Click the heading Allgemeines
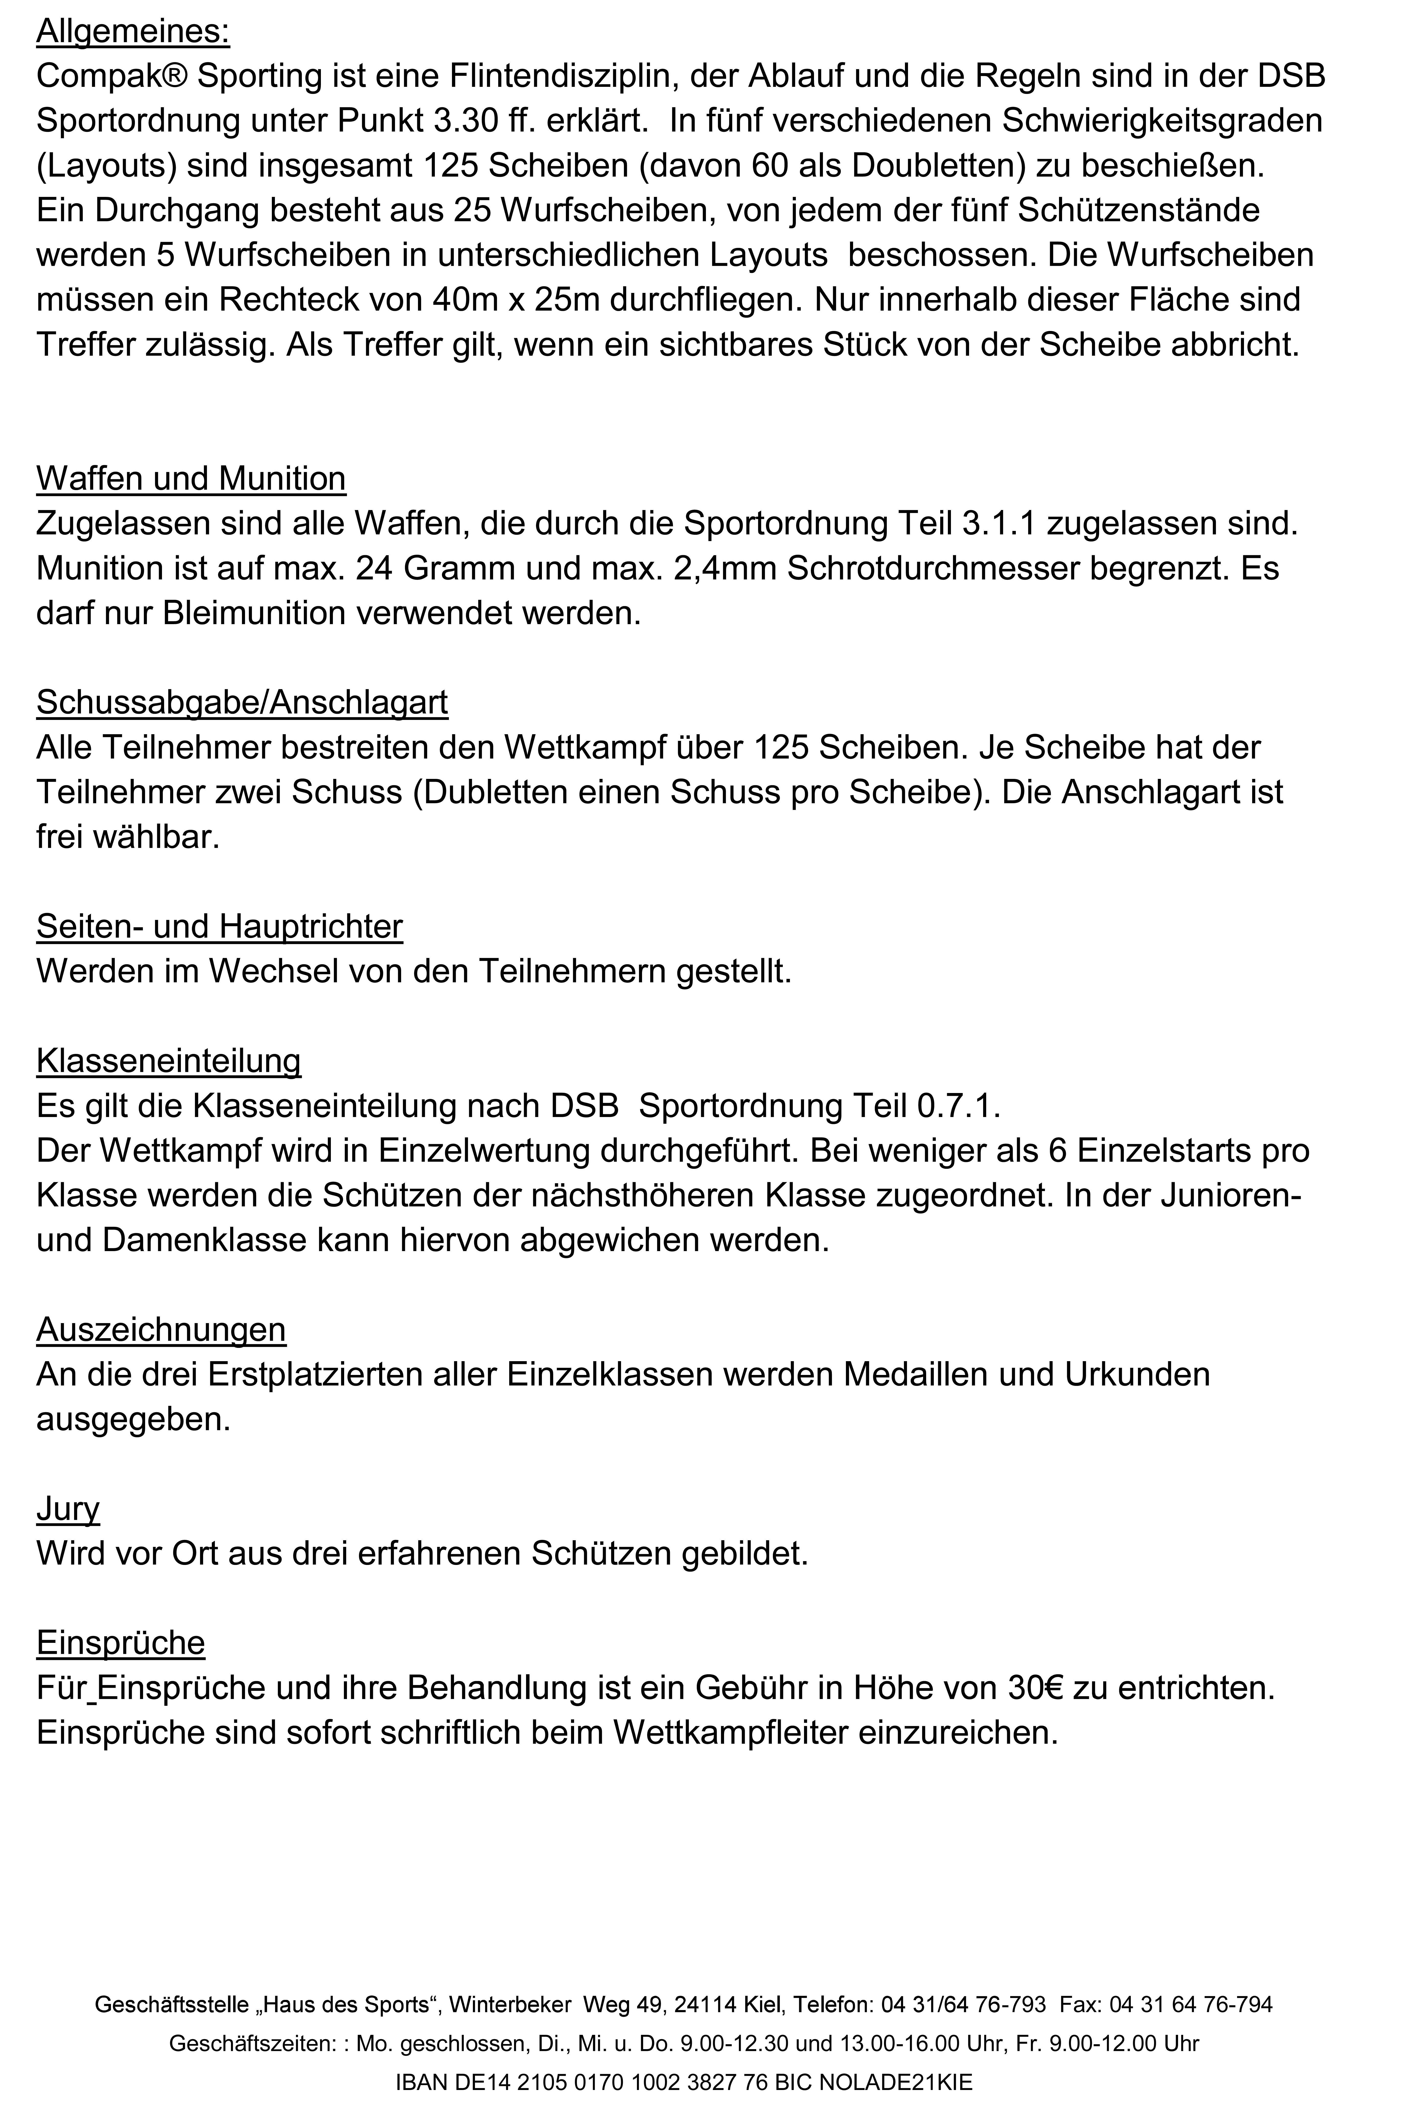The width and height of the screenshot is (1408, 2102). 133,32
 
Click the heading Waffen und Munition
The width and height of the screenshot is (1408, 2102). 190,478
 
